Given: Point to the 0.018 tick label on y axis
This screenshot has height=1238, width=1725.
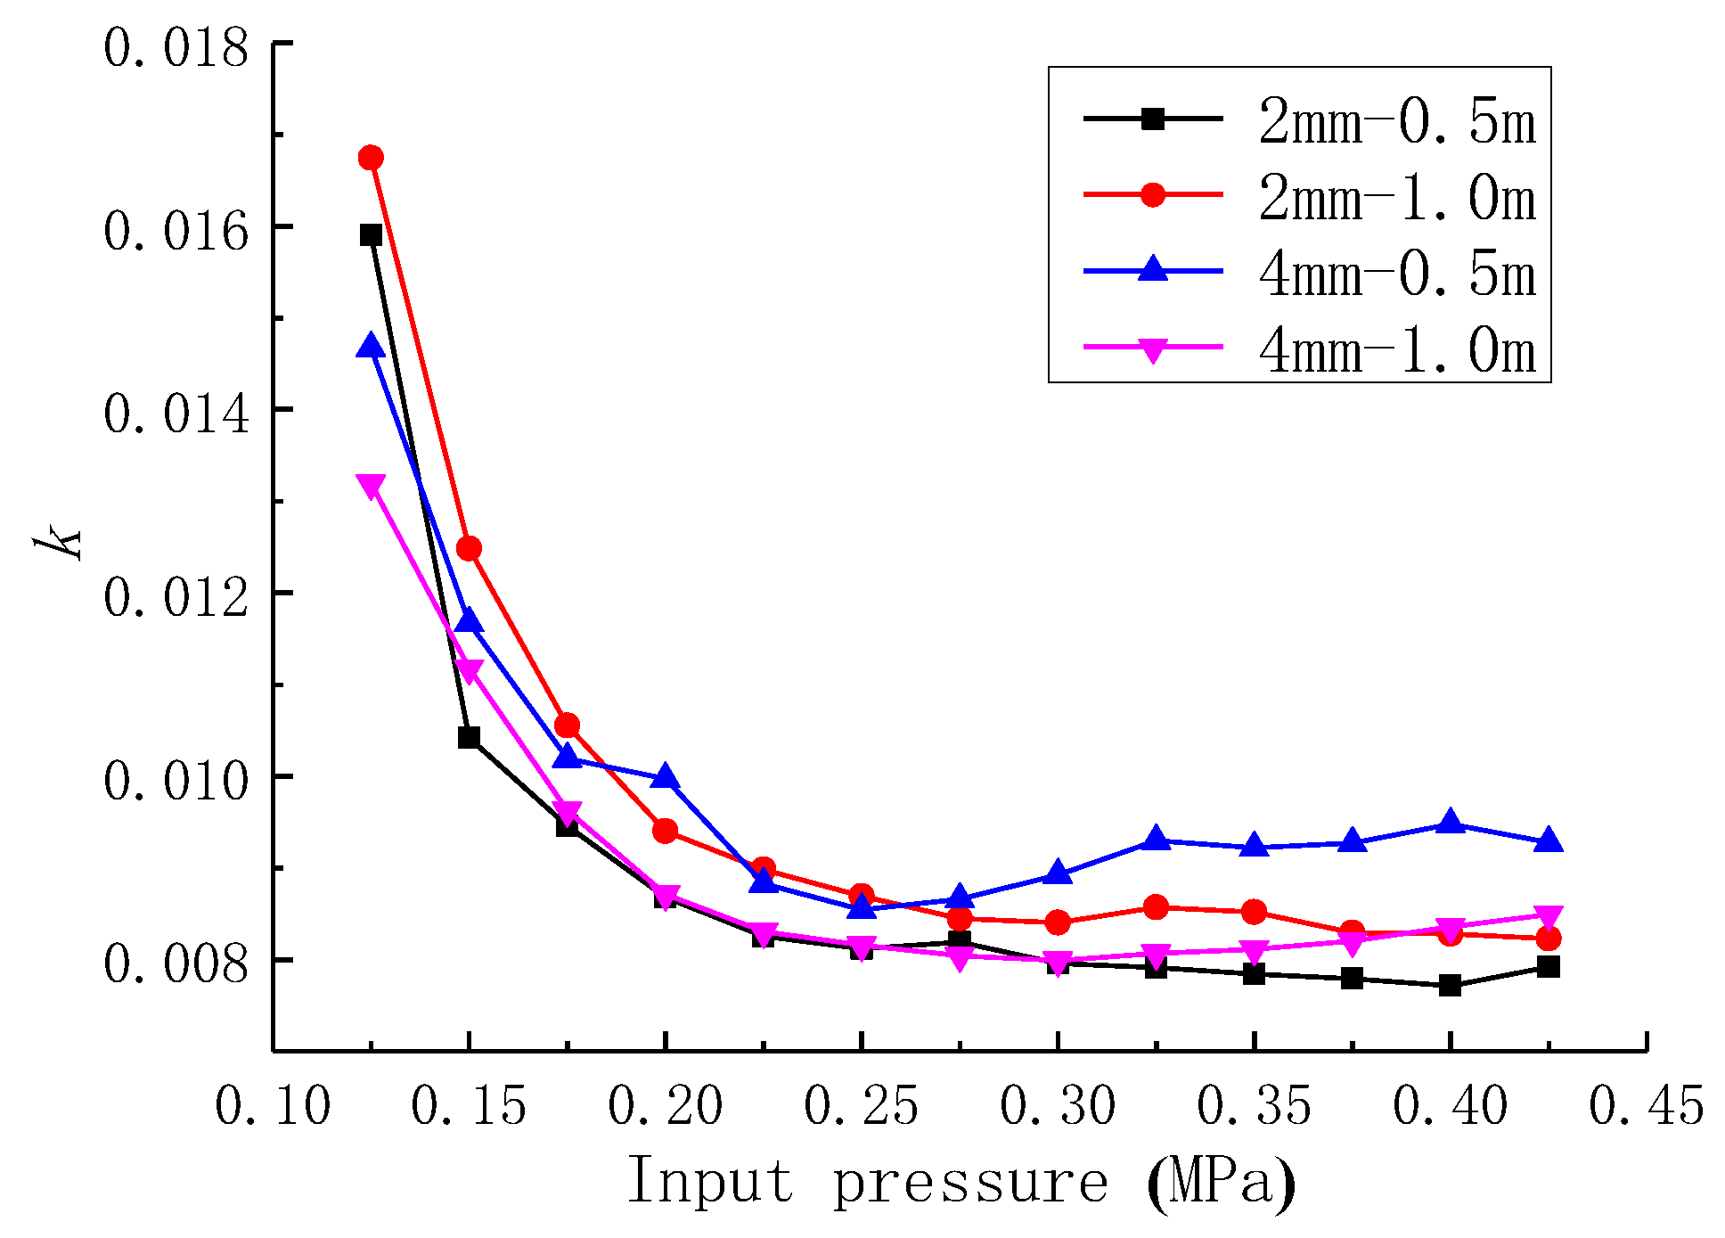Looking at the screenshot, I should pos(176,48).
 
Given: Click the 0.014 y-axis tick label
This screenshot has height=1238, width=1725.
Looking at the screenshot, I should pos(176,414).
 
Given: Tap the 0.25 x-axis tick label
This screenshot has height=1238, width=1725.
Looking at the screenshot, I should pos(861,1106).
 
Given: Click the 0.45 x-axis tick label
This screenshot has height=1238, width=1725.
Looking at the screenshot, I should pos(1646,1106).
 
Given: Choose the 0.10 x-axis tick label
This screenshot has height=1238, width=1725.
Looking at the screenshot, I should pos(273,1106).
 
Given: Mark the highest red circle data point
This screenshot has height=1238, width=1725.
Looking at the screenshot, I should pos(371,158).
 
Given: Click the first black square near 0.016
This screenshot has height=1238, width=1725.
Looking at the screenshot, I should pos(371,235).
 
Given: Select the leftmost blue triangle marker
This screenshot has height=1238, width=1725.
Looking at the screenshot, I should pos(371,347).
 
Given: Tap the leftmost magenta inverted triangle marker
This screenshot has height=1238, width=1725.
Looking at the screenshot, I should pos(371,486).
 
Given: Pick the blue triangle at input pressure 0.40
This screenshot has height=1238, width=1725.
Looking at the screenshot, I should pos(1450,822).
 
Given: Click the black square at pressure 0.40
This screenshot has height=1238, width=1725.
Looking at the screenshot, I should pos(1450,986).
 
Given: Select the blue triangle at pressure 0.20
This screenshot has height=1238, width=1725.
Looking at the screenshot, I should pos(665,777).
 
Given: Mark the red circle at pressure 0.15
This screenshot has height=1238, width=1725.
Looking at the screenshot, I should pos(469,548).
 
